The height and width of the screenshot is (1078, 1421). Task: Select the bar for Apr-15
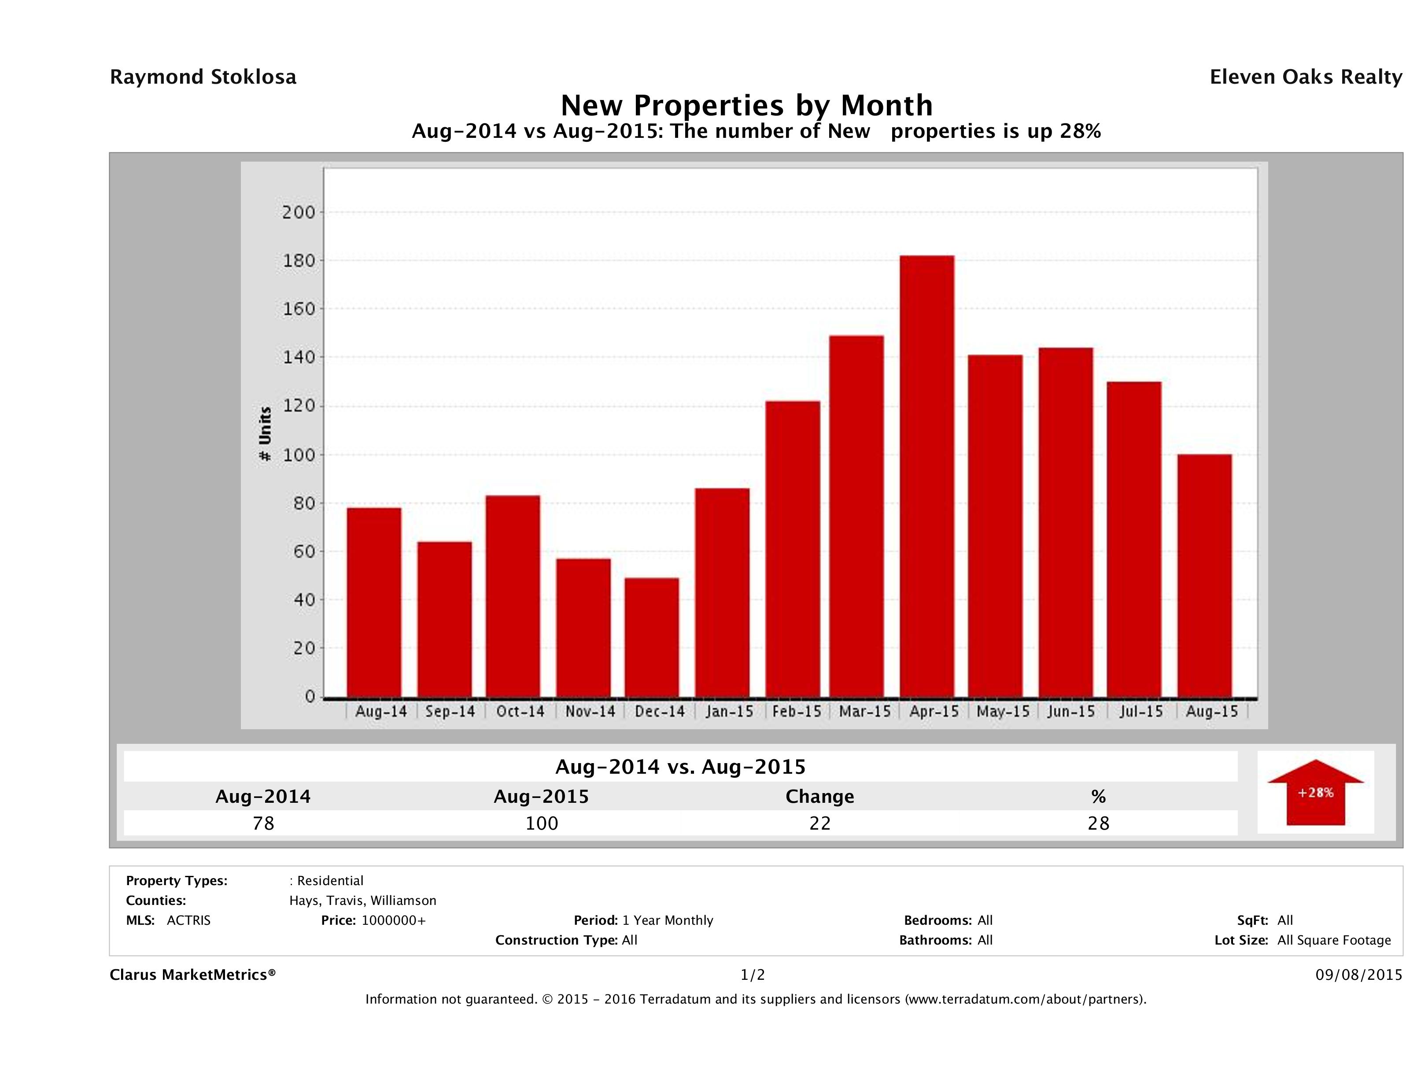tap(926, 476)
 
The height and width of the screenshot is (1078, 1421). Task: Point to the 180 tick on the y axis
tap(299, 261)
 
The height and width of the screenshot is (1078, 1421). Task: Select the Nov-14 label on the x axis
tap(590, 712)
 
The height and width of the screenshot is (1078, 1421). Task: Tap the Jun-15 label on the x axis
tap(1071, 712)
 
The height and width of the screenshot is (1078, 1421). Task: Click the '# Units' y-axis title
tap(265, 434)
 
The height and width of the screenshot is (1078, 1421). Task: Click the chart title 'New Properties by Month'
tap(746, 105)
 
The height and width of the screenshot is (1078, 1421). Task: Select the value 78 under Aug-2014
tap(263, 823)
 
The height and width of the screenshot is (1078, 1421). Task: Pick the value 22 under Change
tap(820, 823)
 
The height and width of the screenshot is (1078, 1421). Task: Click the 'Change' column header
tap(820, 797)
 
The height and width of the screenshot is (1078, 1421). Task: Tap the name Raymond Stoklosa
tap(203, 77)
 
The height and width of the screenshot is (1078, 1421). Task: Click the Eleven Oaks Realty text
tap(1305, 77)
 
